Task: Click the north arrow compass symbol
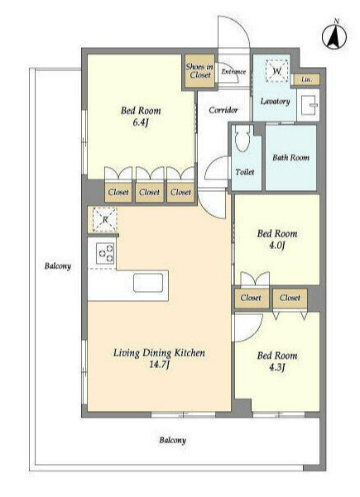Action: click(x=334, y=35)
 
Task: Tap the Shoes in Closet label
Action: click(x=199, y=70)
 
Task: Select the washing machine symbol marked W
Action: click(x=277, y=71)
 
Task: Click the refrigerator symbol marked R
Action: click(x=104, y=219)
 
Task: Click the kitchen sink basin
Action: click(x=148, y=283)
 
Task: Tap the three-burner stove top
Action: click(x=106, y=253)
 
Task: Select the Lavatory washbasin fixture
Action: click(x=310, y=104)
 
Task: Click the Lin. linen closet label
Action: click(x=306, y=79)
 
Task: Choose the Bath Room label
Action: click(x=290, y=157)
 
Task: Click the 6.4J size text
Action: click(x=141, y=122)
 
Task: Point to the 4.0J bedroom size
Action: click(x=277, y=246)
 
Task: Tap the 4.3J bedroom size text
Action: click(x=277, y=367)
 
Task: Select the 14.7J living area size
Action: click(x=159, y=365)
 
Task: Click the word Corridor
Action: click(x=223, y=110)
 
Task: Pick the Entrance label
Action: click(x=233, y=72)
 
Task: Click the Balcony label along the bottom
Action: click(x=172, y=440)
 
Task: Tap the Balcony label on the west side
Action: click(x=58, y=266)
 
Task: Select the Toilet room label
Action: click(x=245, y=172)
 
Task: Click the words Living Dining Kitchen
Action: click(x=159, y=353)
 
